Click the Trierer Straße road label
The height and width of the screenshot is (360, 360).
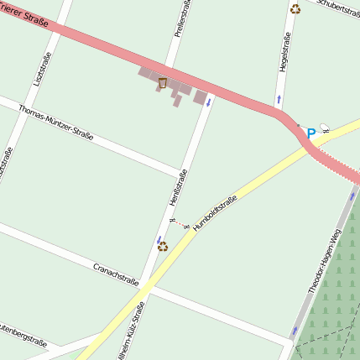coord(25,12)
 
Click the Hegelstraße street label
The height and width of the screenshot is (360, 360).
coord(284,52)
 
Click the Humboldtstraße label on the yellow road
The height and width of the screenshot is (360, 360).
coord(216,212)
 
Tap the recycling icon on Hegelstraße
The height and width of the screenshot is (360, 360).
coord(295,9)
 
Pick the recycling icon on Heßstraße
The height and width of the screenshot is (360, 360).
coord(163,246)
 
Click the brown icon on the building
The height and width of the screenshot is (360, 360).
coord(162,82)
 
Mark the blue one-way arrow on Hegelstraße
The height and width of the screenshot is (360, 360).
coord(279,101)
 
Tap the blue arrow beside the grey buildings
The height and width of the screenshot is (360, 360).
coord(208,105)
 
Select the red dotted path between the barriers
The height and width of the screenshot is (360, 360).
coord(179,223)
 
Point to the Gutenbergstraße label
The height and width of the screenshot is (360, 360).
coord(22,334)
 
